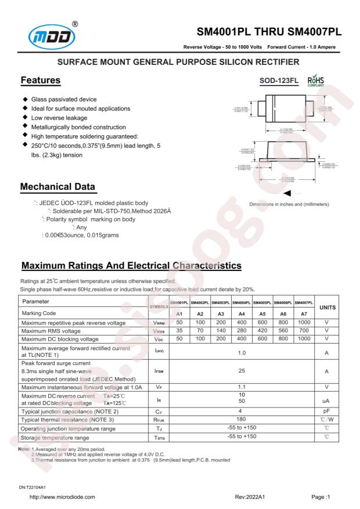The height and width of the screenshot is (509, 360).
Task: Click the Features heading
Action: (41, 80)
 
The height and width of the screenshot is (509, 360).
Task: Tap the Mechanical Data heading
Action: (58, 188)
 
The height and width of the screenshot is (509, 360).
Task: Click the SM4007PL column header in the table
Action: (304, 303)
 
